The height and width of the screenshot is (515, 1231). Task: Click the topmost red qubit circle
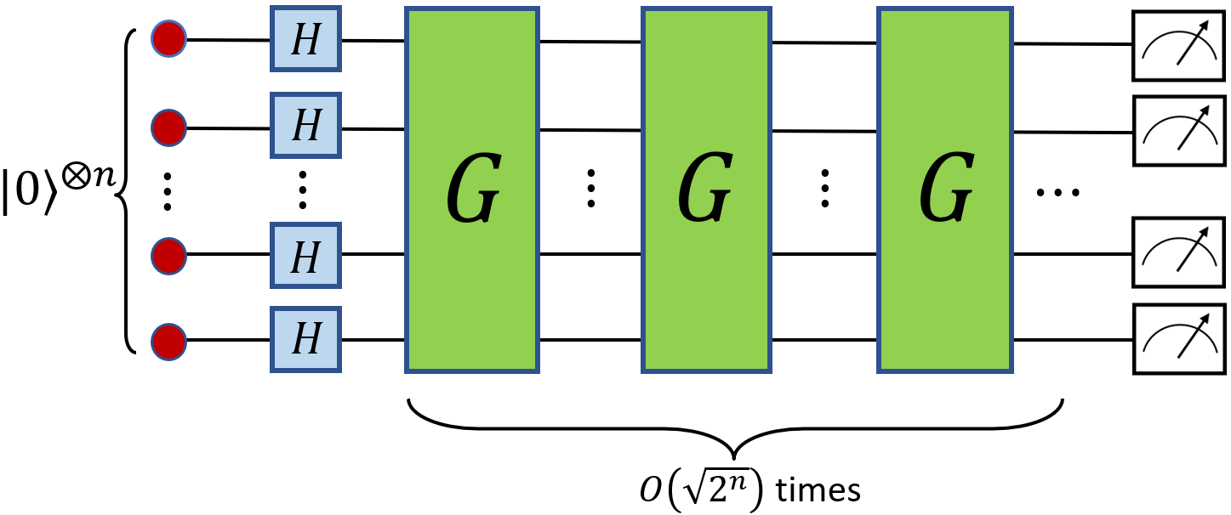click(168, 39)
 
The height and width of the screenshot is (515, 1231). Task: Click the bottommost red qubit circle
click(168, 341)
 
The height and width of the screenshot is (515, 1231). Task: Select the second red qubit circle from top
click(168, 129)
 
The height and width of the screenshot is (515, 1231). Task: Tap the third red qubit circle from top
click(168, 253)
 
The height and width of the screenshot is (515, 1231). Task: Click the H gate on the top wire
click(306, 39)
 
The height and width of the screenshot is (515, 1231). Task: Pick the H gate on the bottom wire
click(306, 341)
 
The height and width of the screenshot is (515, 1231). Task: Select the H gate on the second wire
click(306, 129)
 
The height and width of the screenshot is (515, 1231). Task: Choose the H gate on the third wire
click(306, 253)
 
